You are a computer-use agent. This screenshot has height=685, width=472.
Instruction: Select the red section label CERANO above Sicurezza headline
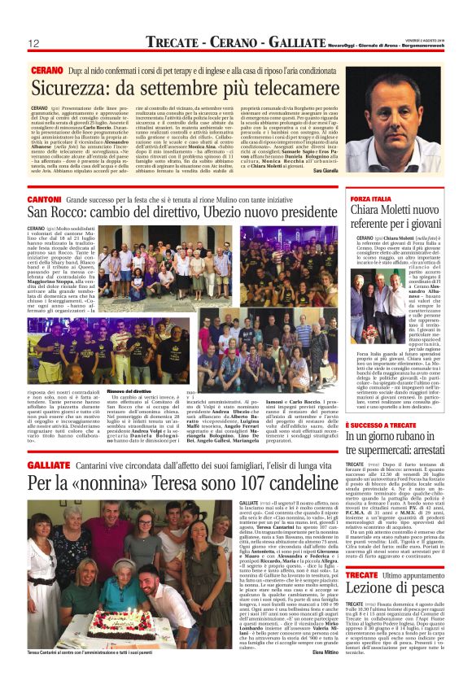(x=47, y=71)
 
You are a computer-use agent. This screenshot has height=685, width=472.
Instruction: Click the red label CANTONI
(x=45, y=199)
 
